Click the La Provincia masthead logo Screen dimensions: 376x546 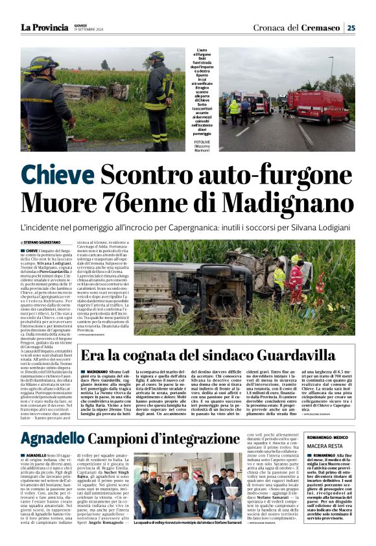(44, 27)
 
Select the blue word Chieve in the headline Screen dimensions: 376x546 (57, 176)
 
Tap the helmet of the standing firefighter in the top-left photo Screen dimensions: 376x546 (156, 56)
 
